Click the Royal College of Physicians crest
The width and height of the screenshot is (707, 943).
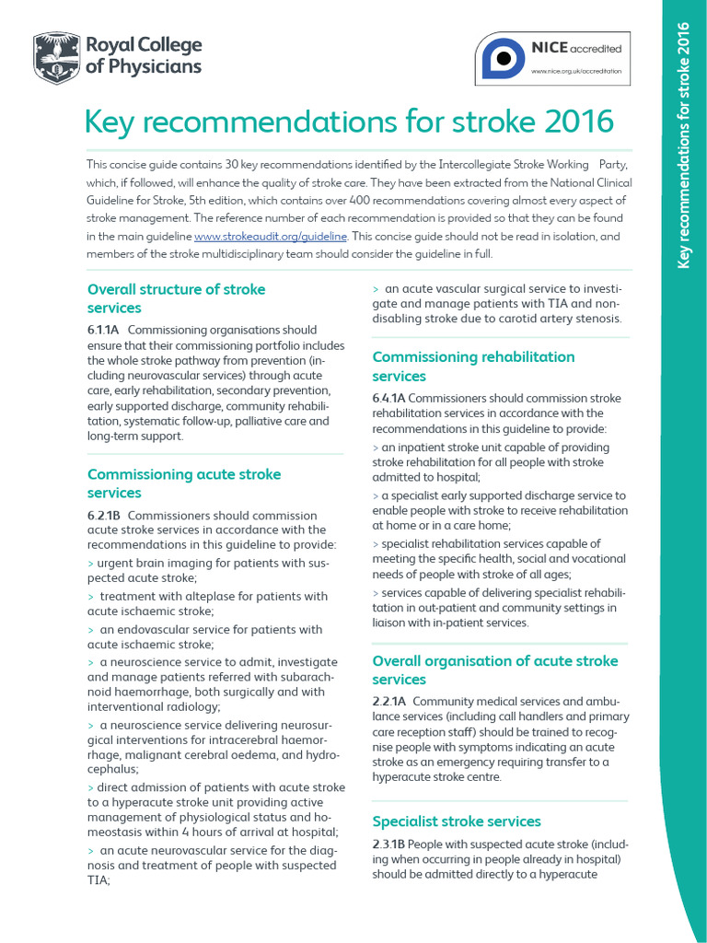pos(55,56)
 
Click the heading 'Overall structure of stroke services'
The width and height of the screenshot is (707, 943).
pos(176,298)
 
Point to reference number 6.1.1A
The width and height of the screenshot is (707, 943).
pos(104,330)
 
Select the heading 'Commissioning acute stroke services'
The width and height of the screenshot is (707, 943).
pos(184,483)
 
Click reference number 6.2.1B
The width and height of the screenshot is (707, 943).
pos(104,516)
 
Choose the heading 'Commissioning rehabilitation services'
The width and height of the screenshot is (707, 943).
pos(473,366)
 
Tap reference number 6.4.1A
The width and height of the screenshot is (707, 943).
pos(388,398)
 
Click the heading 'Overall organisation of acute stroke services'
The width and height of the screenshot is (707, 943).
pos(494,669)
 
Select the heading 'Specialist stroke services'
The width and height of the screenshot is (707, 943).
pos(457,821)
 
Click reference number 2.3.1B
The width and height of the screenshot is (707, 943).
pos(388,844)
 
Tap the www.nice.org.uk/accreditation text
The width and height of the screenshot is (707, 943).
pos(577,71)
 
